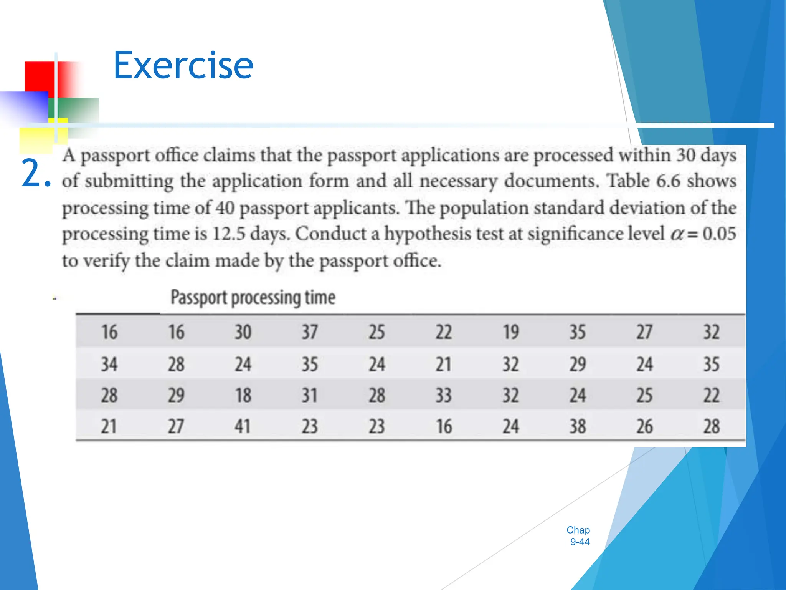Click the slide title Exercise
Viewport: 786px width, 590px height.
183,66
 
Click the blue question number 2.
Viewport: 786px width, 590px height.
35,174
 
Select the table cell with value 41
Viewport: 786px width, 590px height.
243,426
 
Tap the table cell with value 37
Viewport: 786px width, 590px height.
309,332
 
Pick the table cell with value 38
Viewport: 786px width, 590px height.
577,426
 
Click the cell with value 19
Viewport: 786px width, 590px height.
510,332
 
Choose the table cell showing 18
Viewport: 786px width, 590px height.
243,395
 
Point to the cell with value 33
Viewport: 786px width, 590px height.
443,395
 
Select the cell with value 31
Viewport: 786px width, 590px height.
309,395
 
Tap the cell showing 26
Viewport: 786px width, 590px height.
644,426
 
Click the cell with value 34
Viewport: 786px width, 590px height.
109,364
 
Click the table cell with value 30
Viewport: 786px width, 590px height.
243,332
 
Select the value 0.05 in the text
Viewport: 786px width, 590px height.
719,234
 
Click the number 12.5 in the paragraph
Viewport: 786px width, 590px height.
228,234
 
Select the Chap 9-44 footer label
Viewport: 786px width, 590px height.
578,535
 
